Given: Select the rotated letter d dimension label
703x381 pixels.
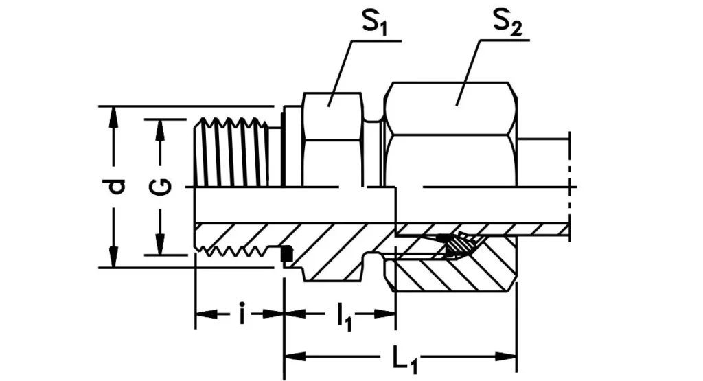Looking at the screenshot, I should [x=117, y=187].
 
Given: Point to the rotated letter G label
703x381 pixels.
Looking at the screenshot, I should [x=160, y=187].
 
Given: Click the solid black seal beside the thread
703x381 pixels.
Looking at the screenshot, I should [x=288, y=254].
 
